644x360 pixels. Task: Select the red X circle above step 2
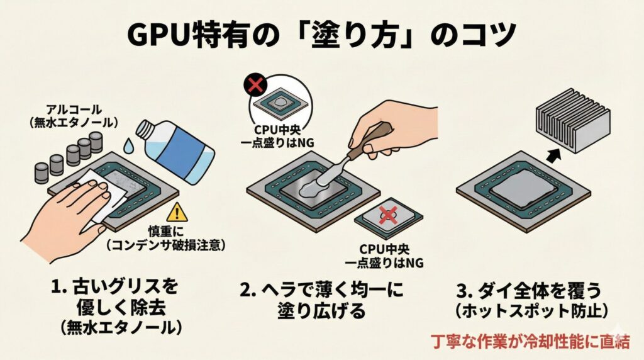tap(255, 85)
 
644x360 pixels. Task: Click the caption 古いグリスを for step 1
tap(115, 289)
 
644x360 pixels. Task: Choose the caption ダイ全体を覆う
tap(530, 290)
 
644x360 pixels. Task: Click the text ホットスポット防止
tap(530, 311)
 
